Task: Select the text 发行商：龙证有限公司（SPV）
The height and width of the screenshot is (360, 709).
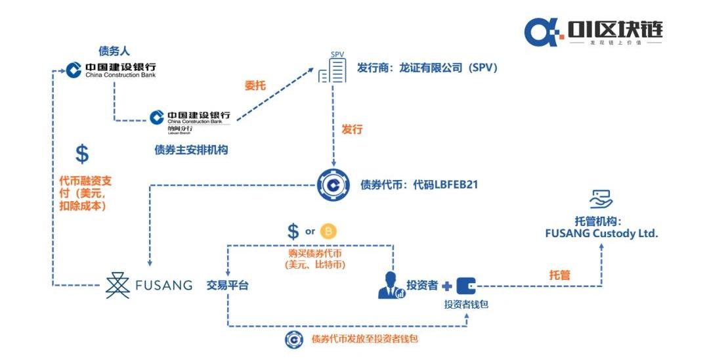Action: [x=427, y=68]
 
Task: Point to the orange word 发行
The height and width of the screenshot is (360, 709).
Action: [x=352, y=129]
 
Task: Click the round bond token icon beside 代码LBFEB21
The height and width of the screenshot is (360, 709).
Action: [x=333, y=185]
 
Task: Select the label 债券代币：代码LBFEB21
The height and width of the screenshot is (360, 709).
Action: [x=419, y=185]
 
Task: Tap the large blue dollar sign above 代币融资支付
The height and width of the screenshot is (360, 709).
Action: [x=82, y=154]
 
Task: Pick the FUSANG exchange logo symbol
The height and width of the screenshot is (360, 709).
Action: [x=118, y=284]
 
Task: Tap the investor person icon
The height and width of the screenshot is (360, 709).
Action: [x=391, y=285]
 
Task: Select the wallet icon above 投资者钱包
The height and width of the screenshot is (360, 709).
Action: [x=466, y=285]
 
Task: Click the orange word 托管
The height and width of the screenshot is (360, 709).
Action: [x=559, y=275]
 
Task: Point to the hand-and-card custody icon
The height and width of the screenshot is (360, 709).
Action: [x=601, y=198]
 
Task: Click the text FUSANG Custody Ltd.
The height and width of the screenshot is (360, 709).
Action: [x=601, y=233]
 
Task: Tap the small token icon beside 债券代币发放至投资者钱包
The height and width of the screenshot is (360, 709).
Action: [x=294, y=339]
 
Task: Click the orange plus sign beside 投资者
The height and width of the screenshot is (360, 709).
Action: [x=447, y=286]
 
